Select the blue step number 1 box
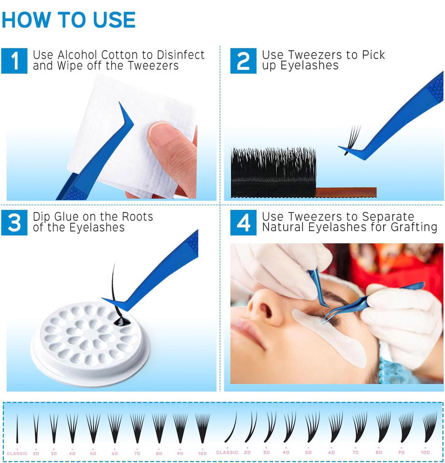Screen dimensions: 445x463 14,61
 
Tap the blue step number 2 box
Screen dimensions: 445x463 243,61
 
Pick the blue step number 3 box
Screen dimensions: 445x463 14,223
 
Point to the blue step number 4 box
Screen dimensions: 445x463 243,223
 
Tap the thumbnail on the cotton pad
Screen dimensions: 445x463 163,132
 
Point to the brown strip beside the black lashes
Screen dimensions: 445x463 346,192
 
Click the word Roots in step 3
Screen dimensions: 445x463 137,217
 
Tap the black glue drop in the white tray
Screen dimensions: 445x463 121,321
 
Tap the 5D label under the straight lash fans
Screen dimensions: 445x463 93,453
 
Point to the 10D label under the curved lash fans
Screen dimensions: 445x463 425,452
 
